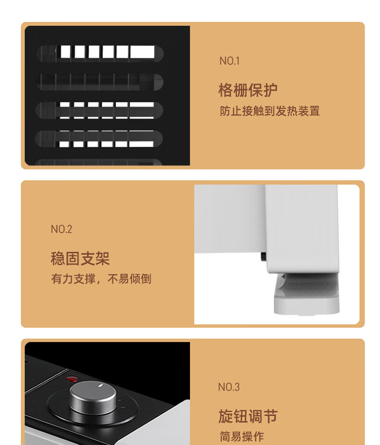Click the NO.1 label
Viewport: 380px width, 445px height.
click(x=229, y=61)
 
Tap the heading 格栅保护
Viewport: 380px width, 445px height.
click(x=248, y=90)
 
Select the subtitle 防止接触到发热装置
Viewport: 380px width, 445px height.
click(x=270, y=111)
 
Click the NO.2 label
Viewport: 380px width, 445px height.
click(x=62, y=229)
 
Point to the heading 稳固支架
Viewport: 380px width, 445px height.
click(x=80, y=258)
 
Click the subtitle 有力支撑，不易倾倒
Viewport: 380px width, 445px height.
click(x=101, y=279)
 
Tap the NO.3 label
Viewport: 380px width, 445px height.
click(x=229, y=387)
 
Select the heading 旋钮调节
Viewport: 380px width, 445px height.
click(x=248, y=416)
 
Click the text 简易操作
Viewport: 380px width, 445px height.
click(x=242, y=436)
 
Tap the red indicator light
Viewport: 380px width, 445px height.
click(x=72, y=379)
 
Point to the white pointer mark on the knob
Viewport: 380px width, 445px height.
click(x=101, y=385)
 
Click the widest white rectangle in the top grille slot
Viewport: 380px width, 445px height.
click(x=142, y=52)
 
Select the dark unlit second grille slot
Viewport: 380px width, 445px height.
click(x=100, y=82)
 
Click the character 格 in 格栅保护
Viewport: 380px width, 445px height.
click(x=226, y=90)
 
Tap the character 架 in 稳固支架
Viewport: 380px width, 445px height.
click(x=102, y=258)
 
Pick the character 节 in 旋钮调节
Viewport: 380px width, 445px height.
click(x=270, y=416)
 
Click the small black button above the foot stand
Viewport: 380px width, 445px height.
click(x=264, y=256)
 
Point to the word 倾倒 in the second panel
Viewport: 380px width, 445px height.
click(x=140, y=279)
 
